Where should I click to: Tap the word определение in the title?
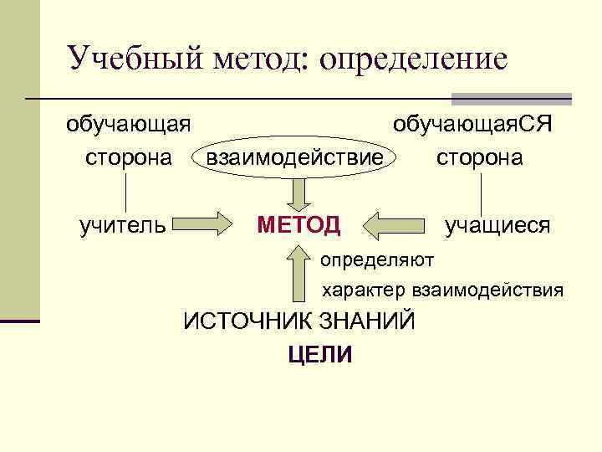[413, 60]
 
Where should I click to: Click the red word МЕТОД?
[299, 224]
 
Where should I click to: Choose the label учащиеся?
[497, 224]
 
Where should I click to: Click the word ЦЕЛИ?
[319, 354]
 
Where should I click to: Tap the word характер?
[364, 290]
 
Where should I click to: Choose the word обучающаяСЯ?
[474, 126]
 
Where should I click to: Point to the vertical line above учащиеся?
[482, 192]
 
